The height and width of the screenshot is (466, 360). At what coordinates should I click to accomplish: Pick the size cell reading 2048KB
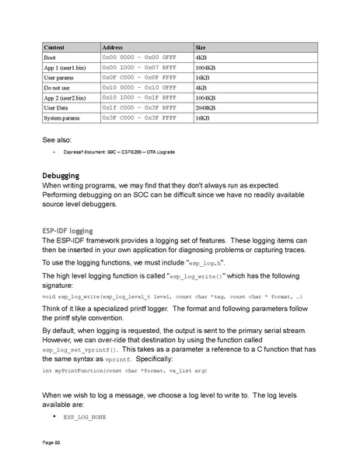[x=206, y=107]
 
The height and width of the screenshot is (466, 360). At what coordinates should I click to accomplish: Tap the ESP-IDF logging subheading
[x=67, y=231]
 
